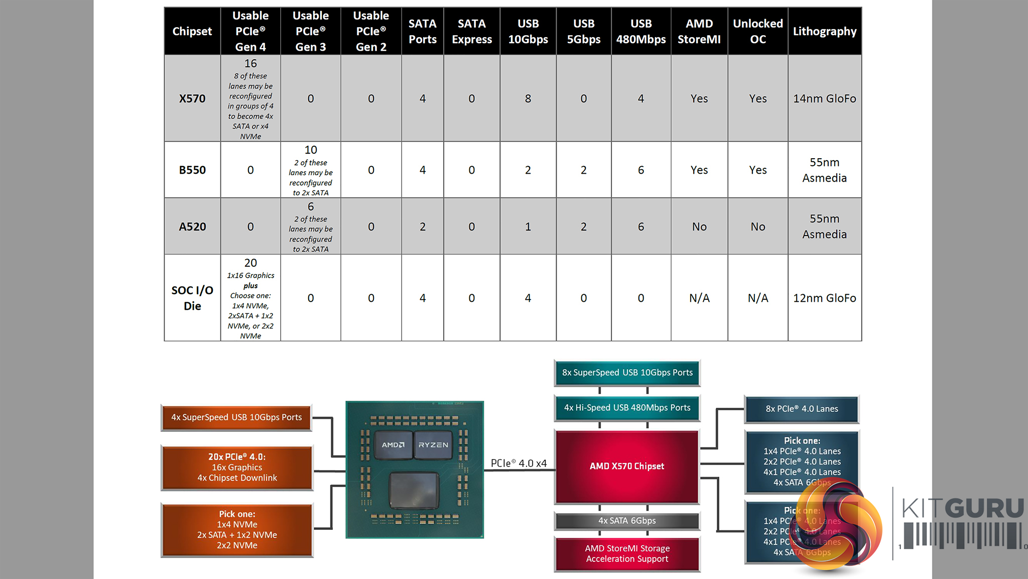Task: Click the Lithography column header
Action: tap(825, 31)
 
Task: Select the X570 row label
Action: tap(192, 98)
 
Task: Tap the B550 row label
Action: tap(192, 170)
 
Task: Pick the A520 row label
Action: tap(192, 226)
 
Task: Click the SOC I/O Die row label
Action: tap(192, 298)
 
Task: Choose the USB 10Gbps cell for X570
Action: tap(528, 98)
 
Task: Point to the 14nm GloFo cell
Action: tap(825, 98)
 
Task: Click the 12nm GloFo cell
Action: tap(825, 298)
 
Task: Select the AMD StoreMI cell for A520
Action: tap(699, 226)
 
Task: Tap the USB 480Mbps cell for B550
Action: tap(641, 170)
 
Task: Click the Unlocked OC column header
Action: tap(758, 31)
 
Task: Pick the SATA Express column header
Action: tap(472, 31)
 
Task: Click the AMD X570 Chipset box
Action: tap(627, 467)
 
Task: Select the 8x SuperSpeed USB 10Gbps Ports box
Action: tap(627, 373)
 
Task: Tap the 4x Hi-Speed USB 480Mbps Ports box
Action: tap(627, 408)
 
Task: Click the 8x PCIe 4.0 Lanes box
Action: tap(802, 409)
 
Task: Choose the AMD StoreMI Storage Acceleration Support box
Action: tap(627, 553)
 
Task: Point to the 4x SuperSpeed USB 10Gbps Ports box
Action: tap(236, 417)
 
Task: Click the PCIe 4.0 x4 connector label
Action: tap(519, 463)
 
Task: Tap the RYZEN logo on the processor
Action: tap(433, 445)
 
